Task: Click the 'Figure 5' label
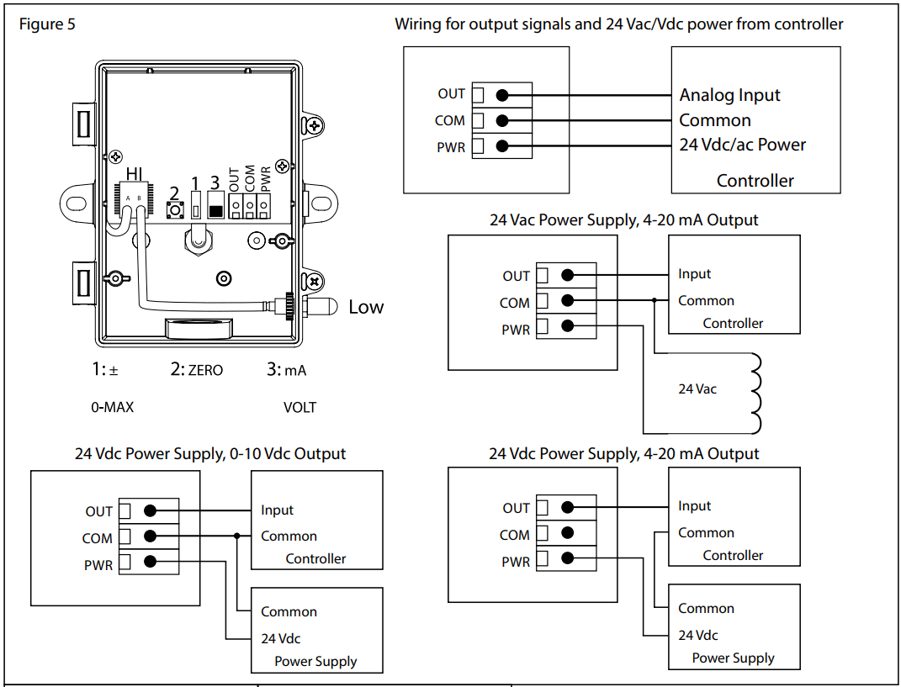(47, 24)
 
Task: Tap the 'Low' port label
(366, 307)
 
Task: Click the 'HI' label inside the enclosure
(134, 173)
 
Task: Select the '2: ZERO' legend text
(197, 369)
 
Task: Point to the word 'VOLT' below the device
(299, 407)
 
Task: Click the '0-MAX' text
(113, 407)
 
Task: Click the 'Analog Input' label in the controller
(729, 95)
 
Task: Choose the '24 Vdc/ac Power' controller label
(742, 145)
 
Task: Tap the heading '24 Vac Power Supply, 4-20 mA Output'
(623, 220)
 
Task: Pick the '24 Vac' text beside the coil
(697, 389)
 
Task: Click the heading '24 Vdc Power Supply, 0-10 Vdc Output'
(210, 453)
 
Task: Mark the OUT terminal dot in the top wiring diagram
(502, 95)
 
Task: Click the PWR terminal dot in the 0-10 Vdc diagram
(151, 562)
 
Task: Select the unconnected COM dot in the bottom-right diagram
(568, 531)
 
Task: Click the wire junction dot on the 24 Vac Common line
(654, 299)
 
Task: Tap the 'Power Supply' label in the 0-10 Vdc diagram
(315, 661)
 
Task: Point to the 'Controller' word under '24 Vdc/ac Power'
(755, 180)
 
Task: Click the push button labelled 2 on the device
(176, 209)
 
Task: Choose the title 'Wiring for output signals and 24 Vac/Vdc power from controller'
(618, 24)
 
